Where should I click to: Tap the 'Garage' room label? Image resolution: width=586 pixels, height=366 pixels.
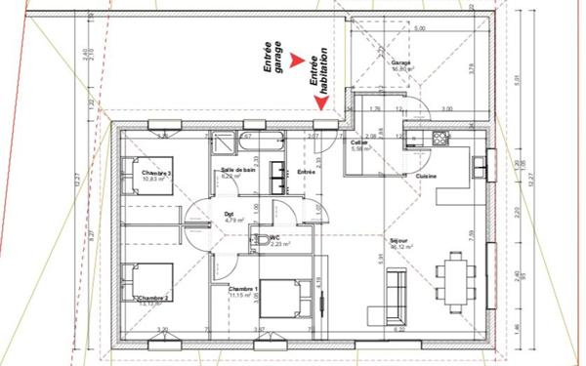tap(399, 61)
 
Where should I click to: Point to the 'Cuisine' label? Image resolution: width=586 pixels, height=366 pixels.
tap(425, 176)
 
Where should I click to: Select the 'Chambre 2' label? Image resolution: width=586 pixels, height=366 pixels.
tap(153, 298)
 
